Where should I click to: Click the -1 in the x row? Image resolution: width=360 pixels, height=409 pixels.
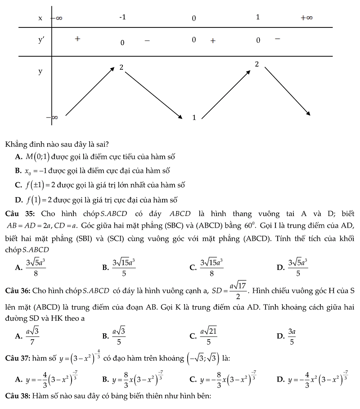tap(122, 17)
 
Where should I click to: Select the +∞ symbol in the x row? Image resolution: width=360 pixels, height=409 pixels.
tap(307, 18)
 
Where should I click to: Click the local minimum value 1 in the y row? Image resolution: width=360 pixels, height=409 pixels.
tap(194, 118)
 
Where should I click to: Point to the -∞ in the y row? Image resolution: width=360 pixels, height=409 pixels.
tap(53, 117)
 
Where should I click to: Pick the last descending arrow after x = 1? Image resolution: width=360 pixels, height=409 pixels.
tap(287, 91)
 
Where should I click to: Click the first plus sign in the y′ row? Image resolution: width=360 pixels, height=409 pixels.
tap(78, 39)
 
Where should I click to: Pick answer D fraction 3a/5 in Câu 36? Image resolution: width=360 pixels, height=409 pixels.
tap(292, 335)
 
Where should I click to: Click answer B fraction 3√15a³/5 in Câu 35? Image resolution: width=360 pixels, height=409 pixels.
tap(124, 267)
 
